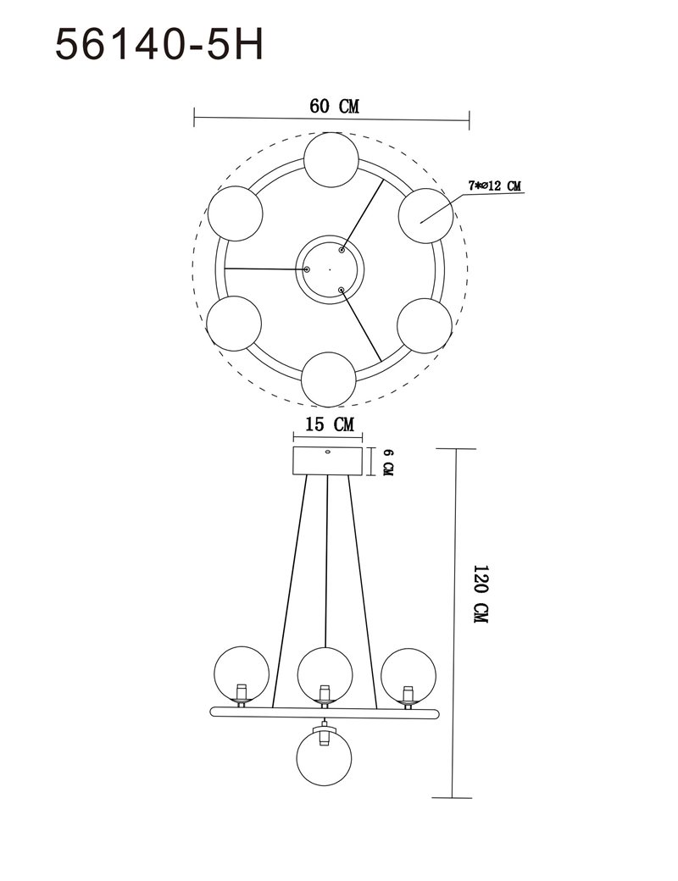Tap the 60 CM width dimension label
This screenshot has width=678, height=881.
tap(334, 106)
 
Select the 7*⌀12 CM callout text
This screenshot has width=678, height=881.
tap(494, 186)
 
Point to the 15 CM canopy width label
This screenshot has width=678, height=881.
tap(330, 424)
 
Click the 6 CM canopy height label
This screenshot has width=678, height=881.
tap(388, 462)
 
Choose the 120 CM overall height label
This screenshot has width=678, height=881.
tap(481, 594)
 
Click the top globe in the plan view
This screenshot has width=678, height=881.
tap(331, 159)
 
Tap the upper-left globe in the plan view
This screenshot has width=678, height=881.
tap(235, 213)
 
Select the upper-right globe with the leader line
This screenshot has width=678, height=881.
tap(425, 216)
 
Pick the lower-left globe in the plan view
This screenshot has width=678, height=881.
tap(234, 324)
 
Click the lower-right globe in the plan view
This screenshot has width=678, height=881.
tap(425, 326)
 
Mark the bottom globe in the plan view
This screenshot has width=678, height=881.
tap(328, 380)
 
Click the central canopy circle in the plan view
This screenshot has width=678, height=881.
tap(330, 269)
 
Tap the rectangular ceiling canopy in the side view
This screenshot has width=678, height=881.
tap(328, 462)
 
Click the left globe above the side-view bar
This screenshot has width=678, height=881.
tap(242, 673)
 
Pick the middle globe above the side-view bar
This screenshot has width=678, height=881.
tap(325, 674)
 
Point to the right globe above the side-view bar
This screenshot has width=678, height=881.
tap(408, 675)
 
